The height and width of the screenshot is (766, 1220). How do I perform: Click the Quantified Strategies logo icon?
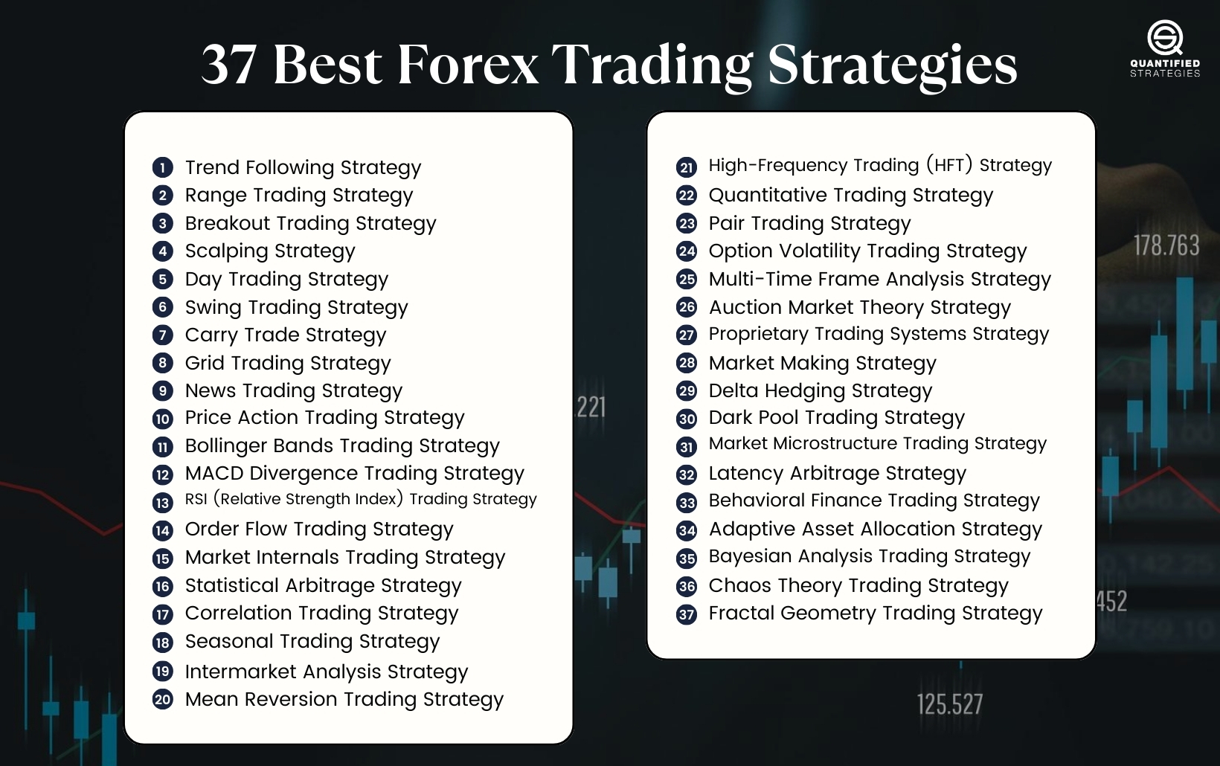click(x=1164, y=37)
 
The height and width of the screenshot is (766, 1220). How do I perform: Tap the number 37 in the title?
click(x=230, y=65)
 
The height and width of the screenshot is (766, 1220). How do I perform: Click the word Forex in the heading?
click(x=468, y=65)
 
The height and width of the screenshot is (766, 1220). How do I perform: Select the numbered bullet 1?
click(x=162, y=167)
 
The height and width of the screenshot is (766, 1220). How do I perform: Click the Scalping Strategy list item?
click(x=270, y=251)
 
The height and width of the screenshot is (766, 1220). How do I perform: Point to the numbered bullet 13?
click(x=162, y=503)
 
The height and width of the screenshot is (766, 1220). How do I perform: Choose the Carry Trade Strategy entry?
click(x=286, y=335)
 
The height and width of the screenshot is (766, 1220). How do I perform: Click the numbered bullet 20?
click(x=162, y=699)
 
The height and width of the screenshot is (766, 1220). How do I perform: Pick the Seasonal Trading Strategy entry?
click(x=312, y=641)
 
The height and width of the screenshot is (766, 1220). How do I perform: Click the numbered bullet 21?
click(x=686, y=167)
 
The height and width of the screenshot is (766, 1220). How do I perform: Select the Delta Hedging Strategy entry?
click(x=820, y=391)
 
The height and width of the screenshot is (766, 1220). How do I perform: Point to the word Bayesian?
click(x=749, y=556)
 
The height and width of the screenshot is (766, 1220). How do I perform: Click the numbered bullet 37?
click(x=686, y=614)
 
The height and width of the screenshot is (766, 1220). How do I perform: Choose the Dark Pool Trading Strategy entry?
click(x=836, y=418)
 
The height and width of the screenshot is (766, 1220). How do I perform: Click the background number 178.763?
click(x=1166, y=245)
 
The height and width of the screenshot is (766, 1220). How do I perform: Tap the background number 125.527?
click(x=949, y=704)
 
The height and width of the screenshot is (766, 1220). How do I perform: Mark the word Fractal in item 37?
click(x=742, y=613)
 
